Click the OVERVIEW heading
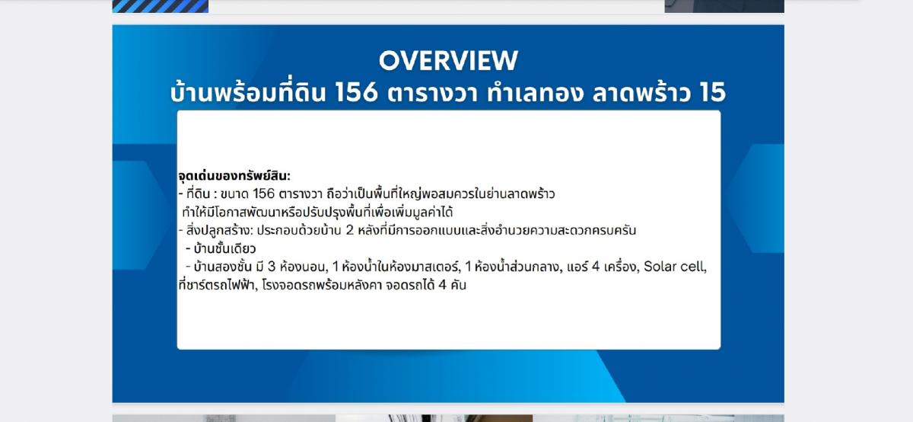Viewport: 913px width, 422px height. [x=448, y=60]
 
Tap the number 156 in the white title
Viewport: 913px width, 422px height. [x=357, y=92]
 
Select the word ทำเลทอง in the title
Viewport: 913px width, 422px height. [x=535, y=92]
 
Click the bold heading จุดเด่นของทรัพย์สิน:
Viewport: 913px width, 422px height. [x=234, y=176]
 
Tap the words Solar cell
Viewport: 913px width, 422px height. [x=675, y=267]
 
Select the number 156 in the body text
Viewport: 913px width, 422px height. [x=264, y=193]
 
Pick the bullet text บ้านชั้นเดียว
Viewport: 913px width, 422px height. [x=224, y=248]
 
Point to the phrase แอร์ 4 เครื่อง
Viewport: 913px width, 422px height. [x=602, y=267]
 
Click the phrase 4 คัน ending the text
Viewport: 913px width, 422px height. [x=453, y=284]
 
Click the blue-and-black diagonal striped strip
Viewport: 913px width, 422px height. [x=161, y=6]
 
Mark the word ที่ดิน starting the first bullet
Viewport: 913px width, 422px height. [x=198, y=193]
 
